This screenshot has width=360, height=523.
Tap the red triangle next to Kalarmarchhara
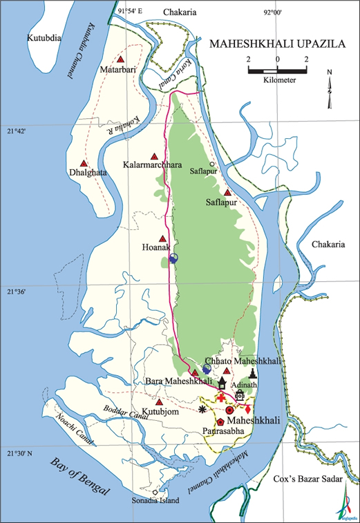point(155,156)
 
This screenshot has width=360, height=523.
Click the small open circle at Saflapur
point(212,164)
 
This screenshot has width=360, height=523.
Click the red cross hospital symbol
point(222,399)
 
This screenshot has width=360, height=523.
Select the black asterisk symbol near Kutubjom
point(202,410)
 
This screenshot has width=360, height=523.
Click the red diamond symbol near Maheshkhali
point(247,410)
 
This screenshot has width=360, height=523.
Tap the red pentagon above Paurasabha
point(220,421)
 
